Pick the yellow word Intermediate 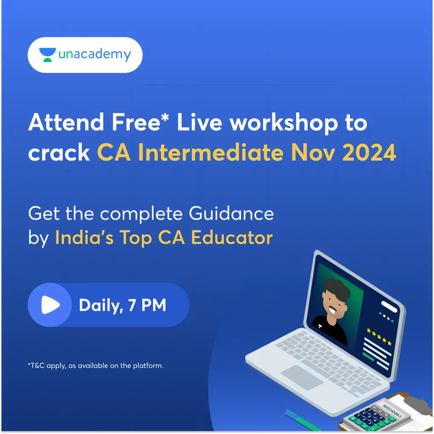click(x=210, y=153)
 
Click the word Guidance click(x=231, y=213)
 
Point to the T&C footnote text click(x=95, y=365)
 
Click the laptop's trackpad click(x=302, y=377)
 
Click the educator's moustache click(x=331, y=306)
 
